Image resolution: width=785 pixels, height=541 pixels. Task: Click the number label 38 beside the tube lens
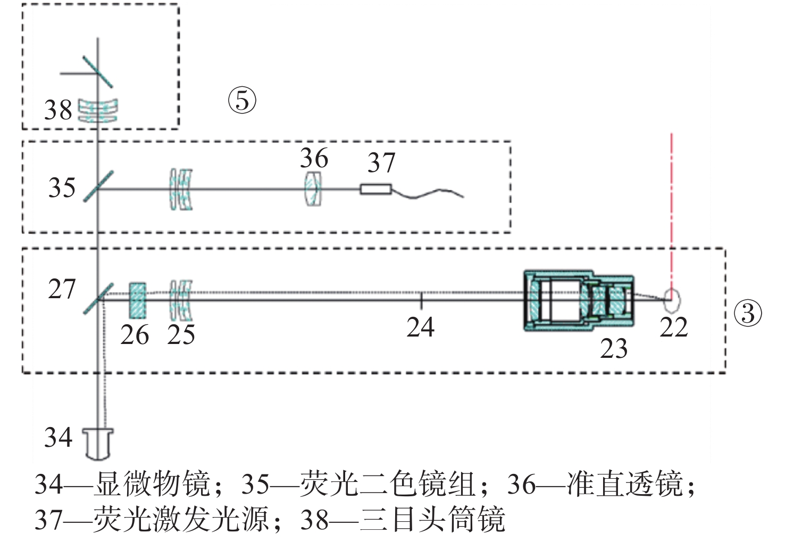[58, 110]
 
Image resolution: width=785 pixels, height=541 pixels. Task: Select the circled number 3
[748, 313]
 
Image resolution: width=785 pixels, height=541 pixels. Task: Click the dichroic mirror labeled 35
[98, 186]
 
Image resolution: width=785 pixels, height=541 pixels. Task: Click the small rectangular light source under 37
[376, 189]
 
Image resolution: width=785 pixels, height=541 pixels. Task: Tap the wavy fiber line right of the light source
[428, 193]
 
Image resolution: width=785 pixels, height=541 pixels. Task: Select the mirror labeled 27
[98, 299]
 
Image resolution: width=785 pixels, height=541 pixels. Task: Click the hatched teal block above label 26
[138, 301]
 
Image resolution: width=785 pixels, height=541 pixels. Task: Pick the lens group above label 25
[181, 300]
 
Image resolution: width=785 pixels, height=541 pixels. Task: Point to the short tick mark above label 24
[421, 301]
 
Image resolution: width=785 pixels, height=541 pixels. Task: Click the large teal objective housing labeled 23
[579, 300]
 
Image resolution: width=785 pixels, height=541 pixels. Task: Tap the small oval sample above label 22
[672, 301]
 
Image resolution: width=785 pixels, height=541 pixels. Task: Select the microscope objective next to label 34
[98, 444]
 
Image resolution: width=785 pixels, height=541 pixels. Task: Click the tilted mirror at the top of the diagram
[98, 71]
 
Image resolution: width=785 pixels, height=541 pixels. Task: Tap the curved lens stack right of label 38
[98, 111]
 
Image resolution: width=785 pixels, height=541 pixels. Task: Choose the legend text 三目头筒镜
[432, 519]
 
